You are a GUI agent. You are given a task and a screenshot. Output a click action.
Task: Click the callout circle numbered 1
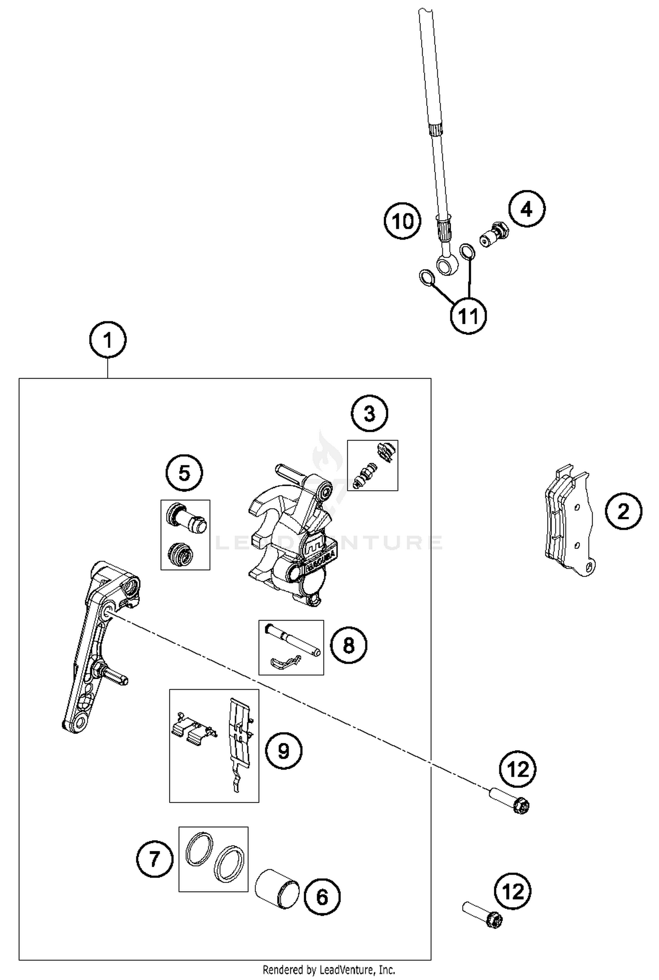point(108,340)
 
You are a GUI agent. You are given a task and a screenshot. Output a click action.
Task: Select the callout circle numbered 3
point(369,413)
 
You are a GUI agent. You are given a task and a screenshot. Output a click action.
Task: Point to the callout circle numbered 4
point(527,209)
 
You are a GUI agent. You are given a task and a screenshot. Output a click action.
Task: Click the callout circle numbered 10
point(402,221)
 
